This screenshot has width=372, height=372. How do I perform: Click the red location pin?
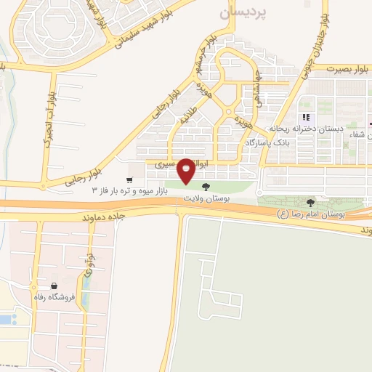pyautogui.click(x=187, y=171)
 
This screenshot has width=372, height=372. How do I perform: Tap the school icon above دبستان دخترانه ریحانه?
pyautogui.click(x=307, y=117)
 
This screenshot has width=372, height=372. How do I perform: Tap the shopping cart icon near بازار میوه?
pyautogui.click(x=129, y=179)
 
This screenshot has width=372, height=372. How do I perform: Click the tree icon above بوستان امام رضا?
pyautogui.click(x=312, y=203)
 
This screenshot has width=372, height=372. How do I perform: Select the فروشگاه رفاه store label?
pyautogui.click(x=53, y=296)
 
